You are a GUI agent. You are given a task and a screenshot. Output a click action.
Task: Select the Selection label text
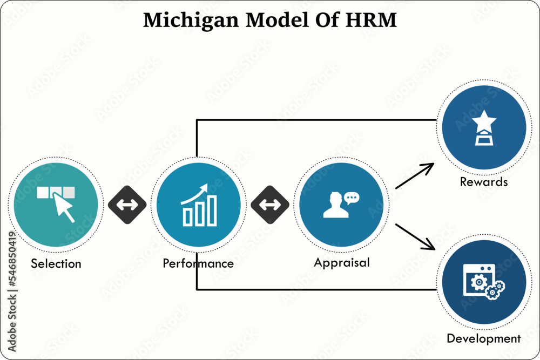pyautogui.click(x=56, y=264)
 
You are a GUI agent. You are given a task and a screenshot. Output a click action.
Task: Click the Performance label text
pyautogui.click(x=198, y=263)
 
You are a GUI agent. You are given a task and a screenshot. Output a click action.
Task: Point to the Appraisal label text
pyautogui.click(x=342, y=263)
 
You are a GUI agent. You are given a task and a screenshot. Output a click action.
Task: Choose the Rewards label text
pyautogui.click(x=484, y=182)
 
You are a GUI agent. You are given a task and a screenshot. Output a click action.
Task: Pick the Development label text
pyautogui.click(x=484, y=339)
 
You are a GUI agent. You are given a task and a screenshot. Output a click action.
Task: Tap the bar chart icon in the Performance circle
pyautogui.click(x=200, y=210)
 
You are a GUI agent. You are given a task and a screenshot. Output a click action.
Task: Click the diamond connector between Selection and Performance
pyautogui.click(x=127, y=205)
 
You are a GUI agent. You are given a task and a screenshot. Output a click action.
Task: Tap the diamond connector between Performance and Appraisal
pyautogui.click(x=270, y=205)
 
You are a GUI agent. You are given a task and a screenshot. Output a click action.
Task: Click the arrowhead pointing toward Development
pyautogui.click(x=429, y=244)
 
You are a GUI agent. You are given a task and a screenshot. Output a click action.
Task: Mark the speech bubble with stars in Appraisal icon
pyautogui.click(x=352, y=198)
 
